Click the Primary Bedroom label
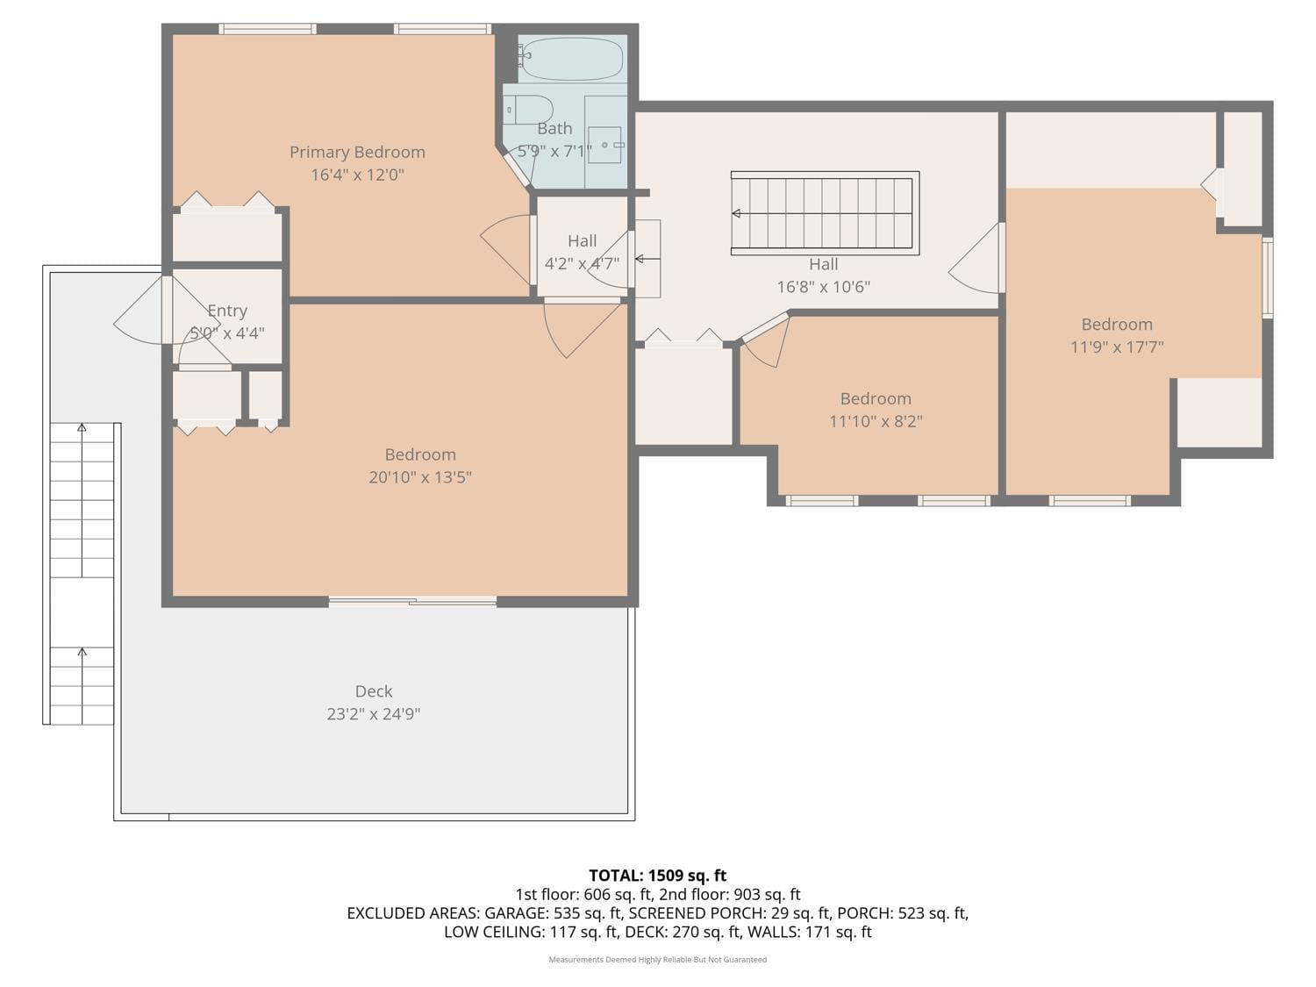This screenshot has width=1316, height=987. (357, 152)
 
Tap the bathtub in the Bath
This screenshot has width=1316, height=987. (571, 59)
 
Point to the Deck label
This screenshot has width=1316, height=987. (374, 691)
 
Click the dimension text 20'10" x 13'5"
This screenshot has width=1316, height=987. (420, 477)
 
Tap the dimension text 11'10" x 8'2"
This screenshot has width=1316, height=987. (876, 421)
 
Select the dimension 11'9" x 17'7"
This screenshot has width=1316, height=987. (1117, 347)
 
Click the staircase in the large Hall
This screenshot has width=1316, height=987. (825, 213)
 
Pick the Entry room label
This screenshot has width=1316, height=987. (227, 311)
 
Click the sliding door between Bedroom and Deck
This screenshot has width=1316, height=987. (412, 601)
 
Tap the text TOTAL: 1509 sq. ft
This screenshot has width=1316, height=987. (657, 876)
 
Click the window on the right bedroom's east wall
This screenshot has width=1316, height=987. (1267, 277)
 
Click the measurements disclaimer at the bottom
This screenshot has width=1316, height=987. (657, 960)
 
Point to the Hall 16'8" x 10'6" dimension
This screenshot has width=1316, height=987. (823, 287)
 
